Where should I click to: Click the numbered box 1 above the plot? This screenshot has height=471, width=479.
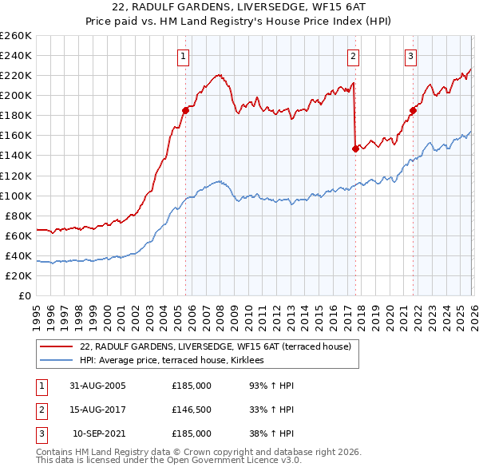point(184,56)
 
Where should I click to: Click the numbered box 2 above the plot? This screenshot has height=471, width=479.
point(353,56)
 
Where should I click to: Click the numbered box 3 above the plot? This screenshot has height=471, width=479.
point(410,56)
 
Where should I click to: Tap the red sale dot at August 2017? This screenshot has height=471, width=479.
point(355,148)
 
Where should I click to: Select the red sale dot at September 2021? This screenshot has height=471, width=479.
point(413,110)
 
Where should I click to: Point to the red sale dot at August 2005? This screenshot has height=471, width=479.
point(186,110)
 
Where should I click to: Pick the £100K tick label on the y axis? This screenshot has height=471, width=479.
point(15,196)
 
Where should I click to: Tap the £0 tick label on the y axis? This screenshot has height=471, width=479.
point(24,295)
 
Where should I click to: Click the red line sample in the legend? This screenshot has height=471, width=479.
point(57,347)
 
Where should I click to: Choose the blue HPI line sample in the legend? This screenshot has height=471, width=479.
point(57,361)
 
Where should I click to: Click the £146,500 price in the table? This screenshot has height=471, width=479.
point(192,410)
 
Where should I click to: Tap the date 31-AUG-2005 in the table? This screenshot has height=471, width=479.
point(97,386)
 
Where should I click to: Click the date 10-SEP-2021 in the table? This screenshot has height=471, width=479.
point(99,433)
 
